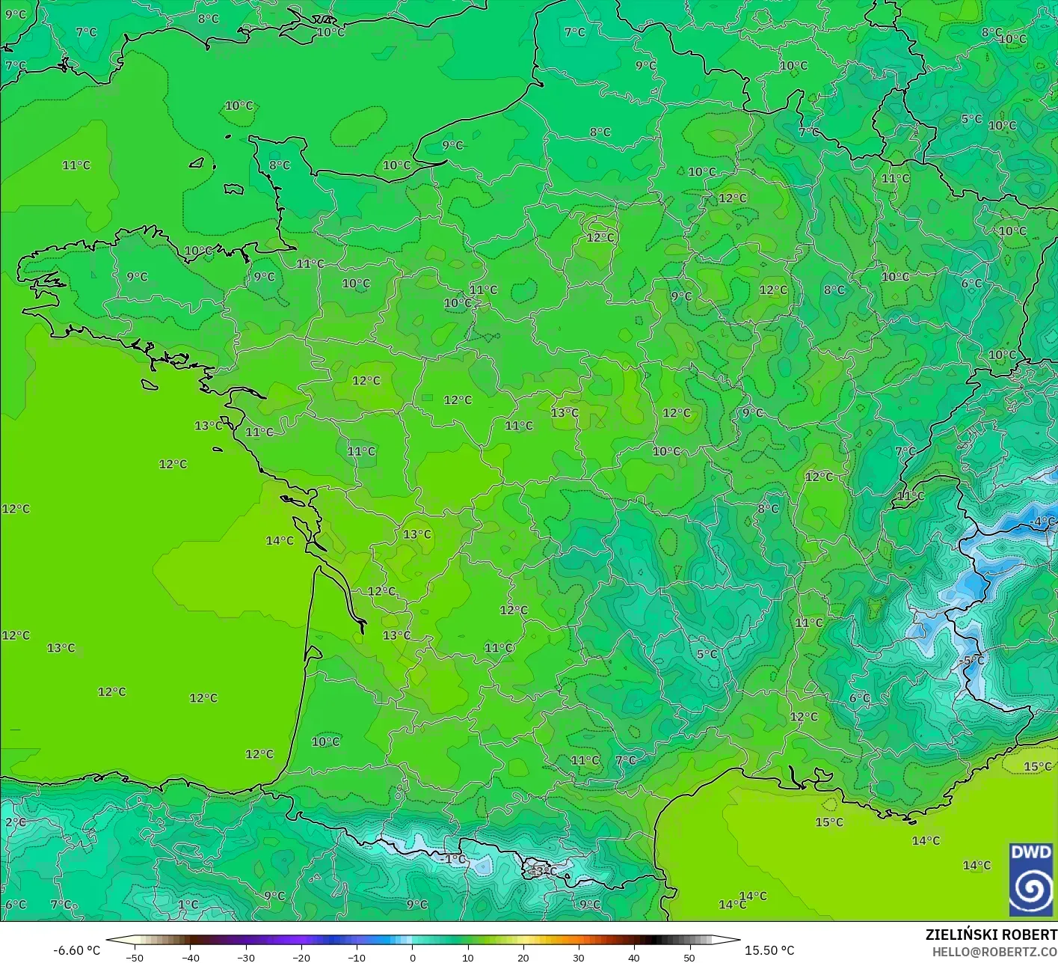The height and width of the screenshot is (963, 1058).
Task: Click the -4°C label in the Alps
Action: point(1043,522)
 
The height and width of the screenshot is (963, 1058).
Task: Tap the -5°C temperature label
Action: point(972,661)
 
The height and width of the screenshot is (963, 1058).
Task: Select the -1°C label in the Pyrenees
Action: point(453,859)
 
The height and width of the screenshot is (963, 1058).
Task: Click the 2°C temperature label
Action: point(15,822)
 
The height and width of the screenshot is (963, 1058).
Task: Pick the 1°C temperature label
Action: point(188,905)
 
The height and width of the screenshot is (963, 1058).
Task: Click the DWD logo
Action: point(1031,879)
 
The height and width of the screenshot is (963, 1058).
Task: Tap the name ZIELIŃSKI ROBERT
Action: point(991,935)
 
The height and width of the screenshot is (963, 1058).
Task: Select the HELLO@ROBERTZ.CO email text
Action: point(994,952)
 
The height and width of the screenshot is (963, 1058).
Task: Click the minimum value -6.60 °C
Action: point(76,950)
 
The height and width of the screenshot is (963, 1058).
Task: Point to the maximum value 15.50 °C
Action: point(769,950)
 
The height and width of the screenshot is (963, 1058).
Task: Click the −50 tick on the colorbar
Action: point(135,957)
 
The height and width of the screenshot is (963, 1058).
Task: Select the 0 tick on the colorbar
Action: point(412,957)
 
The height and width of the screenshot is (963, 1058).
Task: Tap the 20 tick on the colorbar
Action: point(523,957)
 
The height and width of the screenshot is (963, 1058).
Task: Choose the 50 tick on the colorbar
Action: point(689,957)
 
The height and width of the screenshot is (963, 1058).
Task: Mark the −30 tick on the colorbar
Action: point(245,957)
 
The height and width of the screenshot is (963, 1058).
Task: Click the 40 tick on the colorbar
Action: point(633,957)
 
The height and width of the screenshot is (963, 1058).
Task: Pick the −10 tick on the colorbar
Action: point(356,957)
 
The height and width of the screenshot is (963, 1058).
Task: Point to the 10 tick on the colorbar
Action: point(467,957)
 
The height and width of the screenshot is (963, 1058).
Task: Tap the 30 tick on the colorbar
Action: point(578,957)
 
